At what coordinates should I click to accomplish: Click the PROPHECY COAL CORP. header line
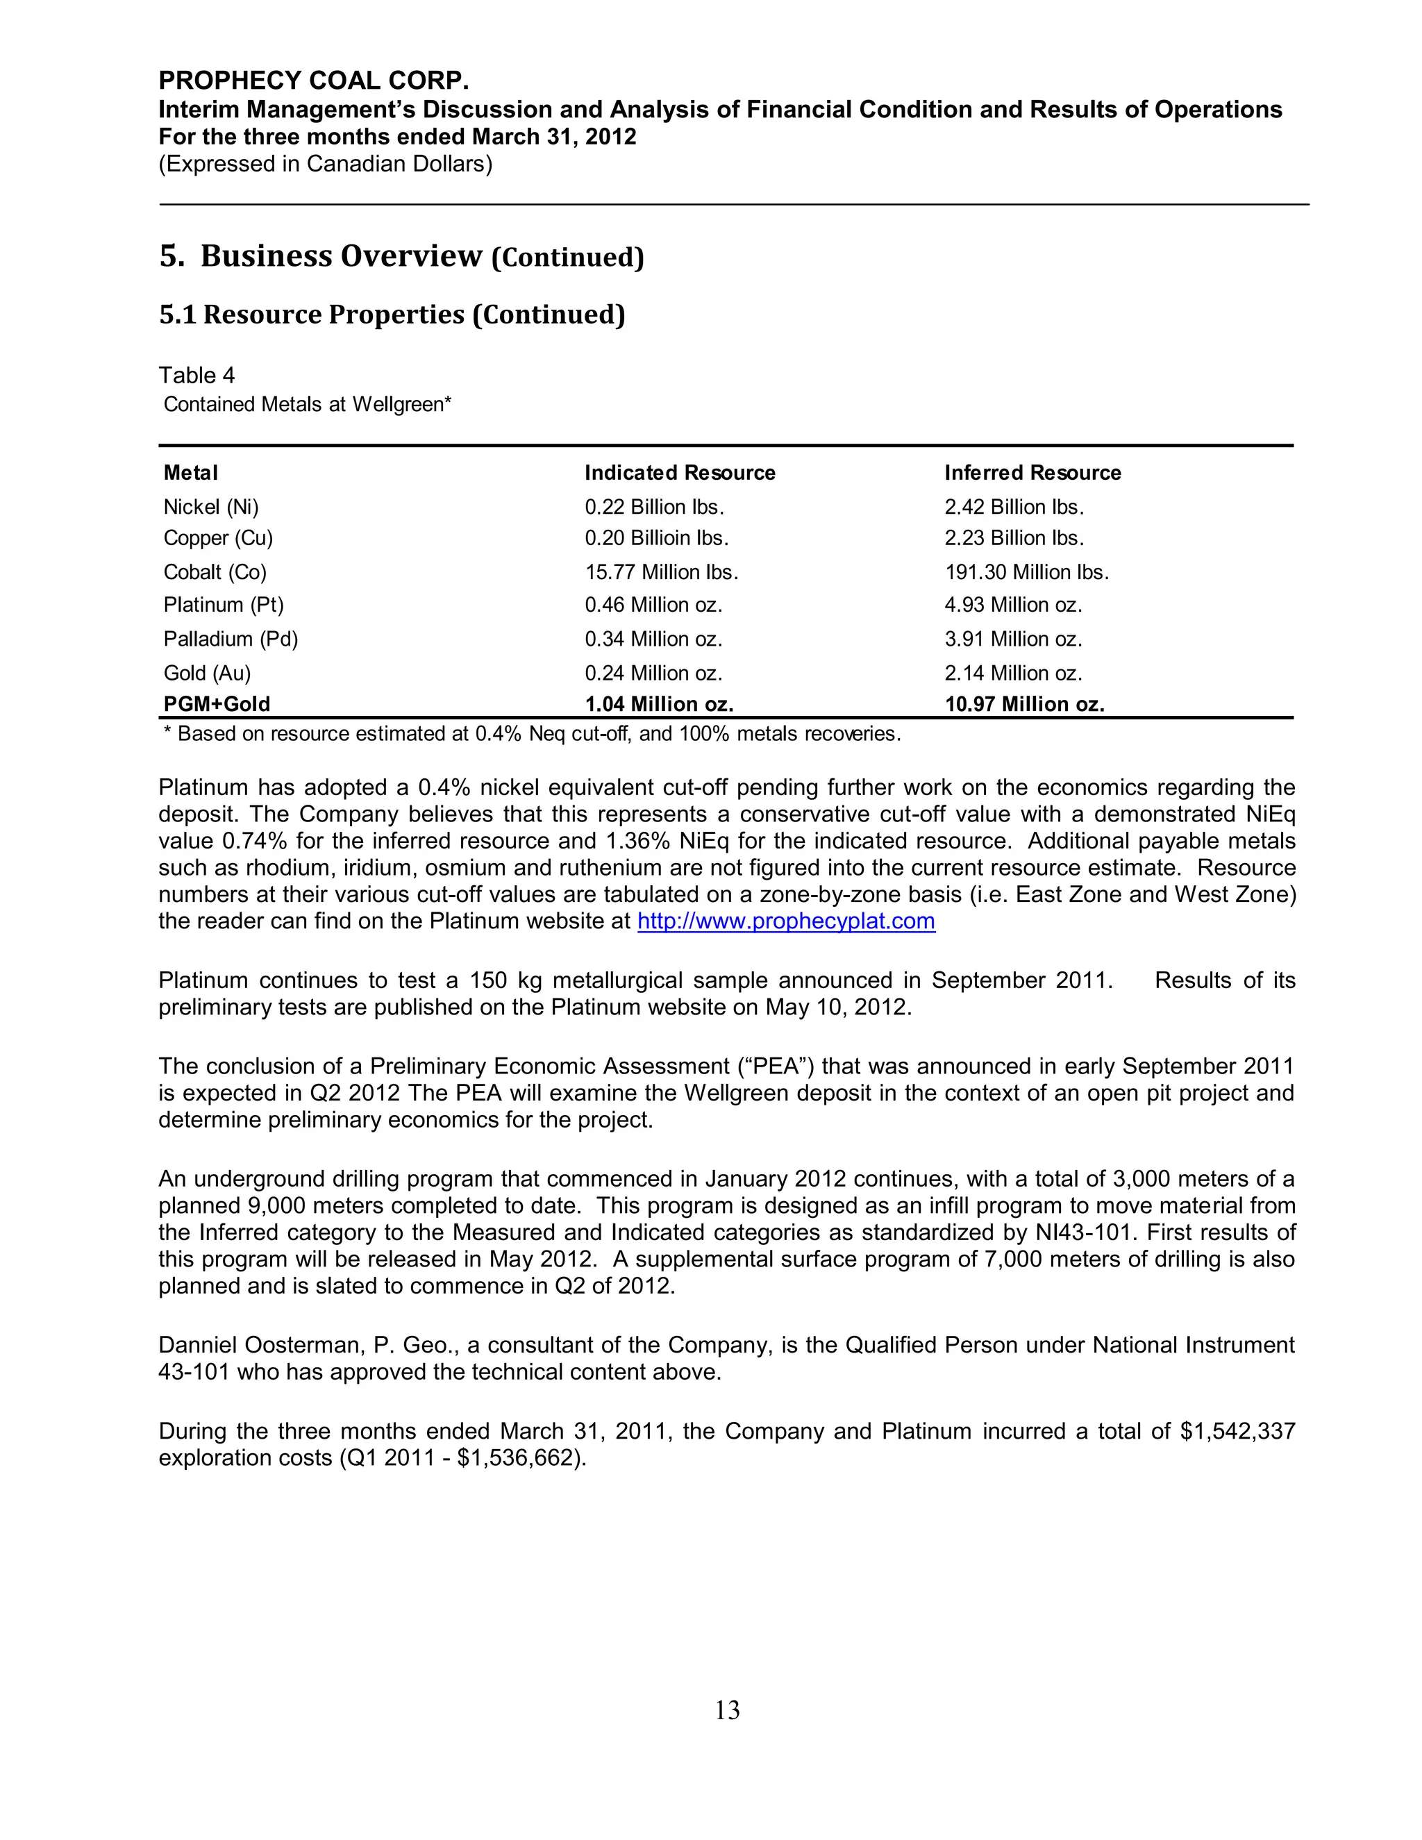[x=313, y=81]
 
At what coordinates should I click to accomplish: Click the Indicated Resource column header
[x=679, y=473]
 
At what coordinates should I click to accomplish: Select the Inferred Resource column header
[x=1032, y=473]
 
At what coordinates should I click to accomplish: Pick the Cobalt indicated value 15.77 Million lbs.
[x=661, y=572]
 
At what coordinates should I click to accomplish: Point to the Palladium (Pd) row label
[x=231, y=639]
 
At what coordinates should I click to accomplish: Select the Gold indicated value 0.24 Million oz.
[x=653, y=673]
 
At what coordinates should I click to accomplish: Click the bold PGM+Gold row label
[x=217, y=703]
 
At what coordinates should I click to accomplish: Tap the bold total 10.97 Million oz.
[x=1023, y=703]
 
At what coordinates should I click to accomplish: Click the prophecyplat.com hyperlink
[x=785, y=921]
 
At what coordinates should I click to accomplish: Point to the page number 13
[x=727, y=1709]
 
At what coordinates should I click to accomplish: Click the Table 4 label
[x=196, y=375]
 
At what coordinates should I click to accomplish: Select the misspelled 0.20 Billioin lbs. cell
[x=656, y=537]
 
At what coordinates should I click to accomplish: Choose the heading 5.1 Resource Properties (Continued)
[x=392, y=315]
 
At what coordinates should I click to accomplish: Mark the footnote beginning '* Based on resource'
[x=532, y=734]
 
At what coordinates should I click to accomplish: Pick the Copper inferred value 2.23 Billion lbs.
[x=1014, y=537]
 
